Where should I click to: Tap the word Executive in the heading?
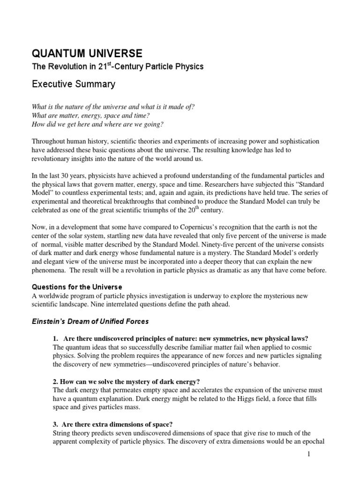[x=52, y=84]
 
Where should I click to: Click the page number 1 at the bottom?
[x=309, y=454]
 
